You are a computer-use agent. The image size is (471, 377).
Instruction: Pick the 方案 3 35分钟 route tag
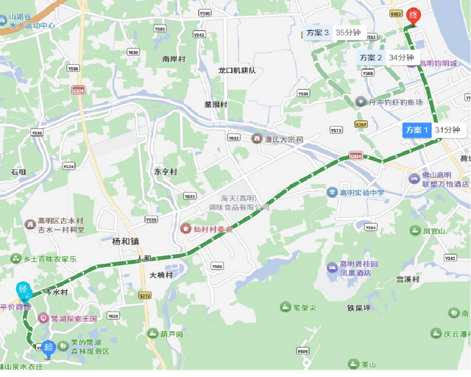(333, 33)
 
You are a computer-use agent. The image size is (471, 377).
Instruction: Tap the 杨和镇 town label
(126, 242)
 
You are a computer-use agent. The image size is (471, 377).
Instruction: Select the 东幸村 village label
(165, 172)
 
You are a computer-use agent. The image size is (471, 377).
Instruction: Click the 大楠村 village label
(160, 275)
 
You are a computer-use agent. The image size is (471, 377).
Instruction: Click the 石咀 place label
(18, 172)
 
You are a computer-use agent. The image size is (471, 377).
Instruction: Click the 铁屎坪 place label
(365, 309)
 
